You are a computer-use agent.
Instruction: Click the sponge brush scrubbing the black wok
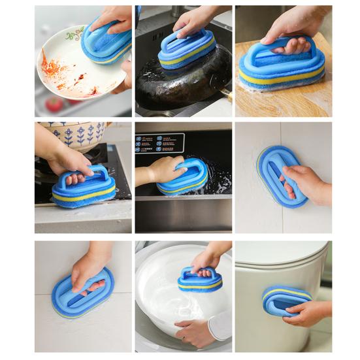187,50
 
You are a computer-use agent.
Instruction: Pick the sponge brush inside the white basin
199,279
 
